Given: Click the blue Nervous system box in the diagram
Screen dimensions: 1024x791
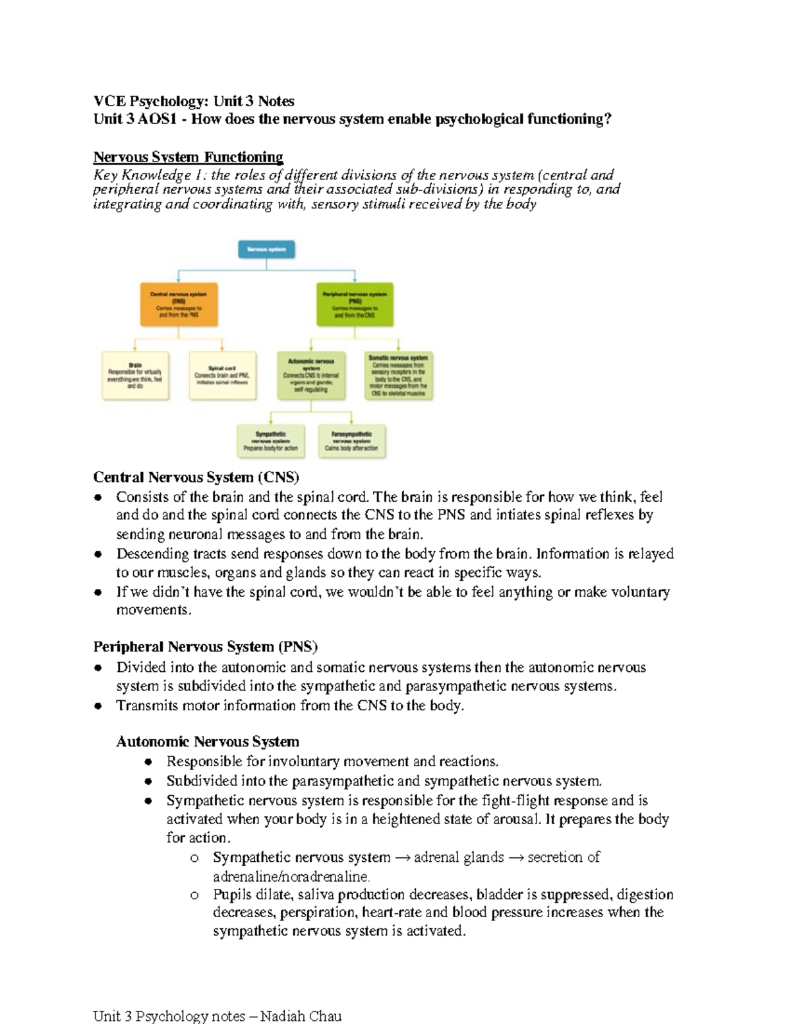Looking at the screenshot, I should click(x=266, y=249).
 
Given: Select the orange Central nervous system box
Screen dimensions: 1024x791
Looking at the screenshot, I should click(x=179, y=305).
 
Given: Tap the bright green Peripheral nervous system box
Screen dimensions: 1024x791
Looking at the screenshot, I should click(x=355, y=305).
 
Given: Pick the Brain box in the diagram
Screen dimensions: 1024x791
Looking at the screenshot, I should click(x=135, y=376).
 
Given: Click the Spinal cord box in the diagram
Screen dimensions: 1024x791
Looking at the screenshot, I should click(x=222, y=376).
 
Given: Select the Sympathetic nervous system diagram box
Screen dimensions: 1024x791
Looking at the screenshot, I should click(x=271, y=441).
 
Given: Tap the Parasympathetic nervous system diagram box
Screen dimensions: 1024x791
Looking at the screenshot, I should click(x=351, y=441).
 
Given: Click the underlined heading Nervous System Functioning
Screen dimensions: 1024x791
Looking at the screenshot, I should click(x=188, y=157).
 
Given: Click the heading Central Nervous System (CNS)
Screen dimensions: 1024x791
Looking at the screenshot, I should click(x=196, y=477).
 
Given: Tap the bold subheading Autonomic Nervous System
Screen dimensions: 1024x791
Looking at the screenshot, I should click(x=208, y=742).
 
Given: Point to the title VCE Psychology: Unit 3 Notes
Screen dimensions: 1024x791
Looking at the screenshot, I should click(x=194, y=101).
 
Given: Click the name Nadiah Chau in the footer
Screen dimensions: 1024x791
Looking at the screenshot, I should click(x=301, y=1015).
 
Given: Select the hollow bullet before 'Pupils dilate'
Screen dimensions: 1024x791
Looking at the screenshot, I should click(x=194, y=895).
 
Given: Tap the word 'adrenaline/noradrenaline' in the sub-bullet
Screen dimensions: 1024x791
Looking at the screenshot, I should click(x=291, y=876).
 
